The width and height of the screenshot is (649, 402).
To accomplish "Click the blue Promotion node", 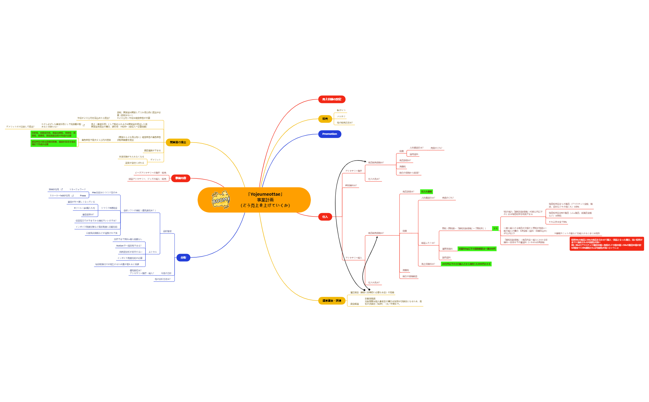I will point(329,134).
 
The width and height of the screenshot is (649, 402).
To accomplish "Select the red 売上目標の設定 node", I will point(332,99).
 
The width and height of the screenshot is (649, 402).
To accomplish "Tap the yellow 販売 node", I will point(325,119).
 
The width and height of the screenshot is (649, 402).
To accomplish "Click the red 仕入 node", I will point(325,217).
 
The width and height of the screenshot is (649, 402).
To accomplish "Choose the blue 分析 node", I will point(183,258).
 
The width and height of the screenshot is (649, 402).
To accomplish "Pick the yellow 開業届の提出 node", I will point(178,142).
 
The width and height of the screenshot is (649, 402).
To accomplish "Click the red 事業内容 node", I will point(181,178).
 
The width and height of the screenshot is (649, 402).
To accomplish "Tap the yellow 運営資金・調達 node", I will point(332,301).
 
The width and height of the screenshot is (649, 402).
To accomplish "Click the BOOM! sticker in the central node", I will point(221,200).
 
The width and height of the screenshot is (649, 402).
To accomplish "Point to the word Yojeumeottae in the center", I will point(265,194).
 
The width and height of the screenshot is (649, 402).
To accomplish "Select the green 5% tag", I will point(495,229).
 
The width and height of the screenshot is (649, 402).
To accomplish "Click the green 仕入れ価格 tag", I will point(426,192).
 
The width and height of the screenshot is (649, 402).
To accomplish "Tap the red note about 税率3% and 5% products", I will point(606,244).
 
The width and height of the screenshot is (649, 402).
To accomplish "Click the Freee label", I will point(83,196).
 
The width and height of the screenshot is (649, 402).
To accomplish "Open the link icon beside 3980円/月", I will point(62,189).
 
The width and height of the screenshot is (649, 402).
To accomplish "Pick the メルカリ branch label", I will point(341,117).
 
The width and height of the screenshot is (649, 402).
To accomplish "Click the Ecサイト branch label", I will point(341,110).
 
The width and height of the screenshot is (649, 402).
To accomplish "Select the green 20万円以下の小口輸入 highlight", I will point(466,264).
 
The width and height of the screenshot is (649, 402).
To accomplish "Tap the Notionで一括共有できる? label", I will point(129,246).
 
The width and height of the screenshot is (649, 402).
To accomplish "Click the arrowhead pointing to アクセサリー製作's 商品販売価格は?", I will point(366,161).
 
